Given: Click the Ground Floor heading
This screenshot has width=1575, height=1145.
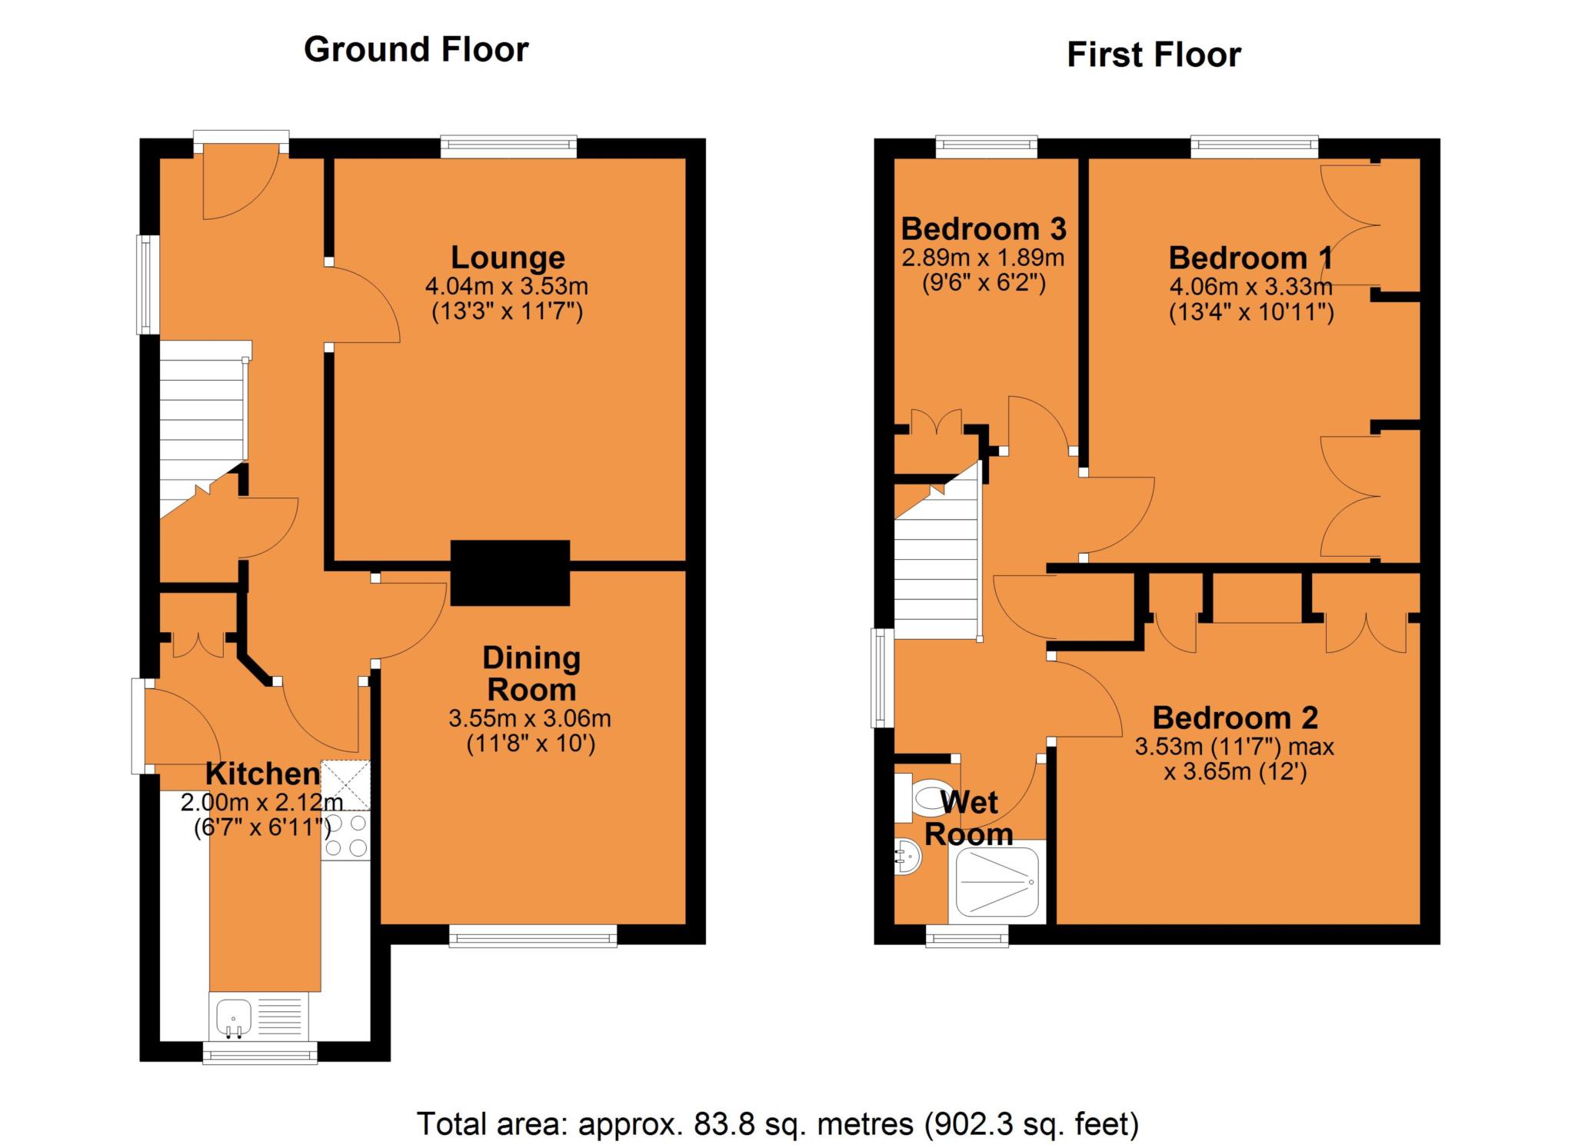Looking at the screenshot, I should point(416,50).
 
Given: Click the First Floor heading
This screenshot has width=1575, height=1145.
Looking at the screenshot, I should point(1153,55).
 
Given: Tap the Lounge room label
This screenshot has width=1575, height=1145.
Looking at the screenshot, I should point(507,257).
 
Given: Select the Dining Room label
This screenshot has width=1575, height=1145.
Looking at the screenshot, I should point(531,674).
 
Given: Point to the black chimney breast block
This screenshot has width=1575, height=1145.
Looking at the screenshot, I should point(510,573).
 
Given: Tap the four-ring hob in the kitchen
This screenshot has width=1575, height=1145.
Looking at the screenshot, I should point(346,836).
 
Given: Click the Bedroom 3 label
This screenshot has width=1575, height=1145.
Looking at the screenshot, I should point(983,229).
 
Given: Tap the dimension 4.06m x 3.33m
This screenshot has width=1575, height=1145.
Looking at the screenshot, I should point(1250,287).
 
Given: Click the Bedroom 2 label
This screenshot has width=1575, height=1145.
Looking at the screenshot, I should point(1234,717).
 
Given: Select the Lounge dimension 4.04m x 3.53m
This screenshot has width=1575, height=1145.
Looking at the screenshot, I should point(506,286).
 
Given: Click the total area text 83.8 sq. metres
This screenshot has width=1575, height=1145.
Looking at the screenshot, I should point(777,1123).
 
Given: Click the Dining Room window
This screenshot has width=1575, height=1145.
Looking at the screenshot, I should point(532,936).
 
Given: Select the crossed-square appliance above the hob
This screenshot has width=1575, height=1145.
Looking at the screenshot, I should point(345,785).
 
